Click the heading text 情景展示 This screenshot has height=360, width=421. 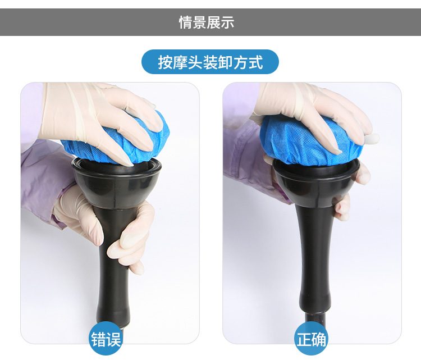pyautogui.click(x=207, y=22)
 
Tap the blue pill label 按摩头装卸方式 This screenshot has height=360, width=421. pyautogui.click(x=210, y=62)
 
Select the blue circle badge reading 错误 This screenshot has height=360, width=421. pyautogui.click(x=106, y=339)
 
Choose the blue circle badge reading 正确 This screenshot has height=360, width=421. pyautogui.click(x=312, y=339)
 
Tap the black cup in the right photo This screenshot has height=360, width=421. pyautogui.click(x=315, y=183)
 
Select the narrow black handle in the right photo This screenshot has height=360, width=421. pyautogui.click(x=314, y=258)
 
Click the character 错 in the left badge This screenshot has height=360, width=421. pyautogui.click(x=98, y=339)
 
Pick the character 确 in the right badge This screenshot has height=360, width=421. pyautogui.click(x=319, y=339)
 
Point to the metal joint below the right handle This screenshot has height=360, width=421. pyautogui.click(x=315, y=320)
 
